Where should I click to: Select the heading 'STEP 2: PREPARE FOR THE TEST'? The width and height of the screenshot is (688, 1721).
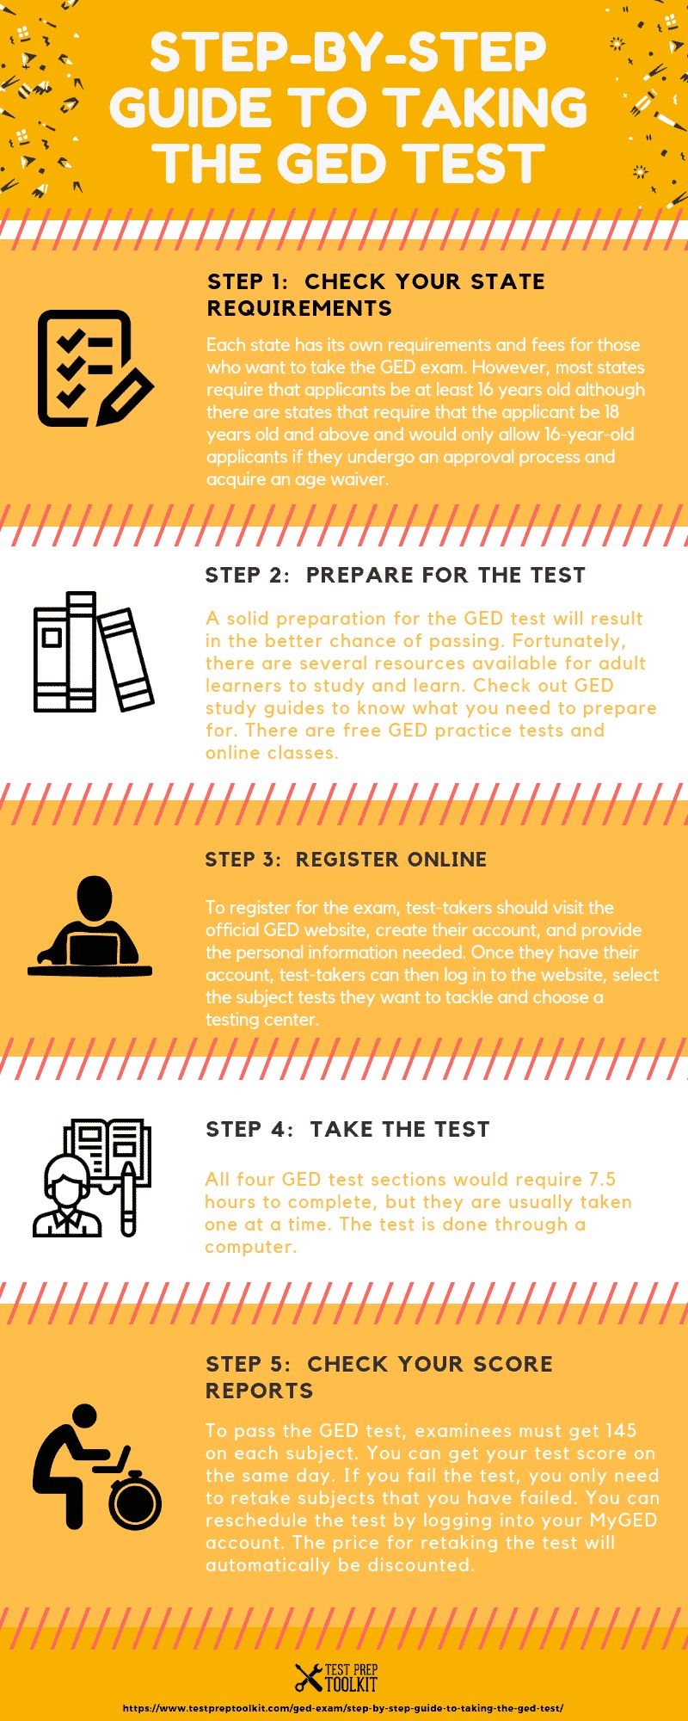(x=395, y=575)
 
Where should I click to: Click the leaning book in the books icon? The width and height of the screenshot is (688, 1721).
(x=126, y=657)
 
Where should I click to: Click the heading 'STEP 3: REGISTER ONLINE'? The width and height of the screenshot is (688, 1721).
(x=346, y=859)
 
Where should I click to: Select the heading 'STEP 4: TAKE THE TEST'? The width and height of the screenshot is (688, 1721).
(x=347, y=1129)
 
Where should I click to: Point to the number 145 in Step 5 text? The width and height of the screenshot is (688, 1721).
(x=620, y=1430)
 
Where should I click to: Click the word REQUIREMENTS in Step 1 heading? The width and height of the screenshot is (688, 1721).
(x=299, y=308)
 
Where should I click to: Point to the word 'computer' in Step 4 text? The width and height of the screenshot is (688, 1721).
(x=249, y=1246)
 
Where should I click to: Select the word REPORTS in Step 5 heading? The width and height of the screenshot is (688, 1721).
(x=259, y=1391)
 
